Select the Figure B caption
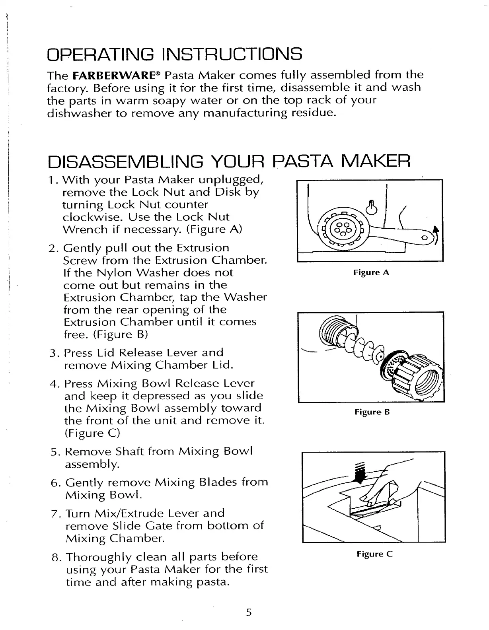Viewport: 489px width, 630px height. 372,412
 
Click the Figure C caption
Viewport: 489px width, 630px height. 374,554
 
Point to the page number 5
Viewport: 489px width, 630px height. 249,612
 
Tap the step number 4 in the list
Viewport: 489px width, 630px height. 54,384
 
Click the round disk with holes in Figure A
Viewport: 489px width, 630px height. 343,230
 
